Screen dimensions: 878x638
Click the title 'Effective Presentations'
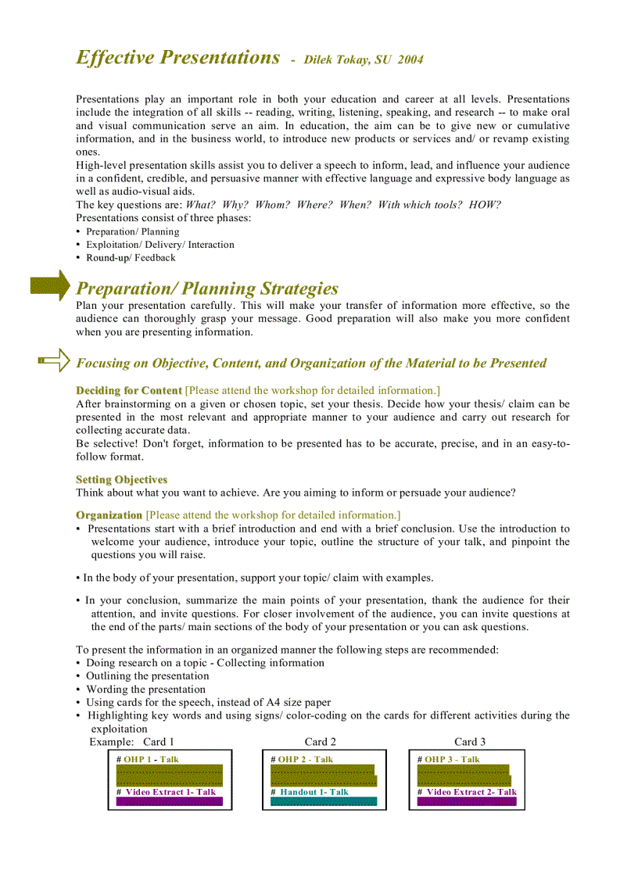[177, 58]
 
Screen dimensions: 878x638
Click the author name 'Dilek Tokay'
[337, 60]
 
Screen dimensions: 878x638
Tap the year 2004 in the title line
[410, 60]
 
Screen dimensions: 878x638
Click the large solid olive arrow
[50, 286]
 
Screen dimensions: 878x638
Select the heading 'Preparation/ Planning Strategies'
[207, 288]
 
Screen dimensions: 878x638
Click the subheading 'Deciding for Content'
[128, 390]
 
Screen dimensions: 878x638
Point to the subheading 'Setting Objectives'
[121, 479]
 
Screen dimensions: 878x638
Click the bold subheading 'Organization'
[109, 515]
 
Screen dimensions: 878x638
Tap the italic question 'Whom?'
[272, 205]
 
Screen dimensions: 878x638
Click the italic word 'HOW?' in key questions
[485, 205]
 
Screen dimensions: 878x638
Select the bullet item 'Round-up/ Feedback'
[131, 257]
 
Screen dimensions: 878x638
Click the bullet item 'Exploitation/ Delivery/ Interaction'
[159, 245]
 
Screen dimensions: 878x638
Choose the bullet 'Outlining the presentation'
[147, 676]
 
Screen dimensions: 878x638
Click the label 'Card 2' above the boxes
[321, 742]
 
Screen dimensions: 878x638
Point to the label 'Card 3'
[470, 742]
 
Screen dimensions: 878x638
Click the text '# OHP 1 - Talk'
[148, 759]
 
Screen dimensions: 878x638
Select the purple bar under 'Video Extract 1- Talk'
[170, 801]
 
